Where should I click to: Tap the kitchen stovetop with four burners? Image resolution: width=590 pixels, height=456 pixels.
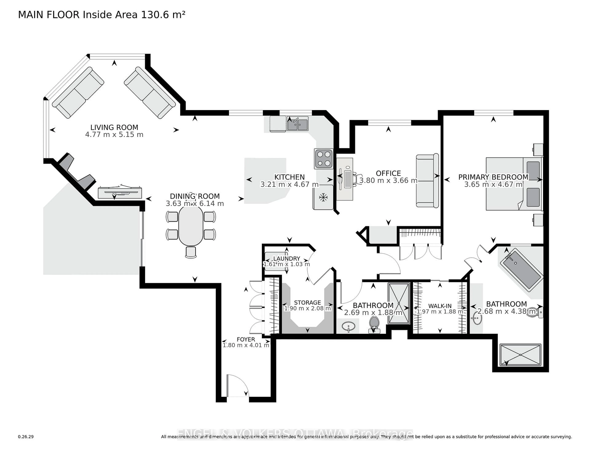tap(324, 159)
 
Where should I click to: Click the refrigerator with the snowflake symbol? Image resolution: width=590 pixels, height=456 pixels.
tap(323, 197)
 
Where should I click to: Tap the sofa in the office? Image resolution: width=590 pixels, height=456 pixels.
tap(427, 181)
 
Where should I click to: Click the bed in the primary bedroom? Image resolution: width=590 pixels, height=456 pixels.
tap(513, 184)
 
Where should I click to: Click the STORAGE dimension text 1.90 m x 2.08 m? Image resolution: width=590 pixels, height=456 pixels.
tap(307, 308)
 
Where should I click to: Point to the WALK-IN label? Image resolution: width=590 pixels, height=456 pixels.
tap(440, 306)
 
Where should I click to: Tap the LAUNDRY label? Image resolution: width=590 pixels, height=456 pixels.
tap(286, 259)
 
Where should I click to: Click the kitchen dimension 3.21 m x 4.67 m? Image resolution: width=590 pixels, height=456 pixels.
tap(289, 185)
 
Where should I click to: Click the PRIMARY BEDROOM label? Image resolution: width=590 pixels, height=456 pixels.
tap(493, 177)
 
